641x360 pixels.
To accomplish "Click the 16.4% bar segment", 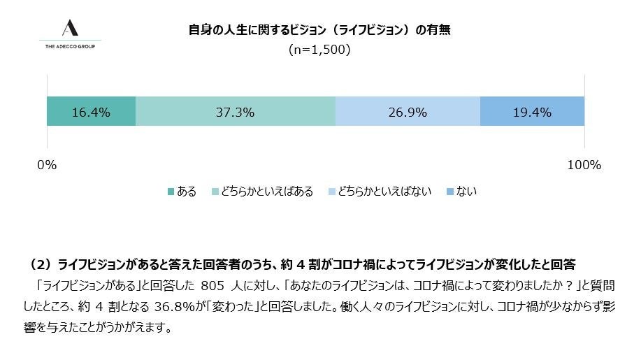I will tap(91, 112).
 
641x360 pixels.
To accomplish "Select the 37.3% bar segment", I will tap(235, 112).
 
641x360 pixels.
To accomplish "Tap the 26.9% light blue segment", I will tap(408, 112).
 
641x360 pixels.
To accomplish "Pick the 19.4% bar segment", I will tap(532, 112).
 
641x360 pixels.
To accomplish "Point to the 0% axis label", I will tap(46, 166).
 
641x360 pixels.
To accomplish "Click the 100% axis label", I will tap(584, 166).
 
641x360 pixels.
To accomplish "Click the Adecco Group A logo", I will tap(69, 28).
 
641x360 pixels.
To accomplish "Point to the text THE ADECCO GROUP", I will tap(69, 46).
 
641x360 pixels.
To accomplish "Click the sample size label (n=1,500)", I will tap(319, 50).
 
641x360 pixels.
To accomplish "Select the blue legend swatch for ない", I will tap(450, 192).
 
